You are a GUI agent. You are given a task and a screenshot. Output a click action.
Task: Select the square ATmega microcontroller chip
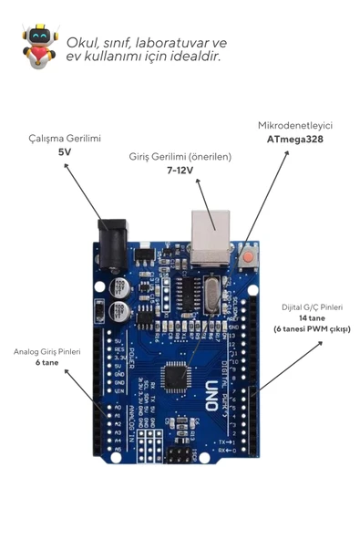click(179, 377)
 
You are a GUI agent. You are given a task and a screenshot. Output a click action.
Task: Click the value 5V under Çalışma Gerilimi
click(65, 152)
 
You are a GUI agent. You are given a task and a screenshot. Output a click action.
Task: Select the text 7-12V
click(180, 171)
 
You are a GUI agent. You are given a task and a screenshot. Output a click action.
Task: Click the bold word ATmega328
click(294, 140)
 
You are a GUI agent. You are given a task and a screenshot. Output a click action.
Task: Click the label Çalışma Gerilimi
click(65, 138)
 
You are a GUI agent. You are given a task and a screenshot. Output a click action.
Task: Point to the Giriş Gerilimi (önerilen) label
click(180, 157)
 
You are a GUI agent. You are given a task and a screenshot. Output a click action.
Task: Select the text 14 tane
click(312, 317)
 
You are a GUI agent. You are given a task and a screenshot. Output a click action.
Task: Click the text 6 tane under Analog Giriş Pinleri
click(47, 362)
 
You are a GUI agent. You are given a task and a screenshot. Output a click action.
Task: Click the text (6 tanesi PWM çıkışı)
click(312, 328)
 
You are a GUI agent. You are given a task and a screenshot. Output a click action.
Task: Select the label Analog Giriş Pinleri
click(47, 351)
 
